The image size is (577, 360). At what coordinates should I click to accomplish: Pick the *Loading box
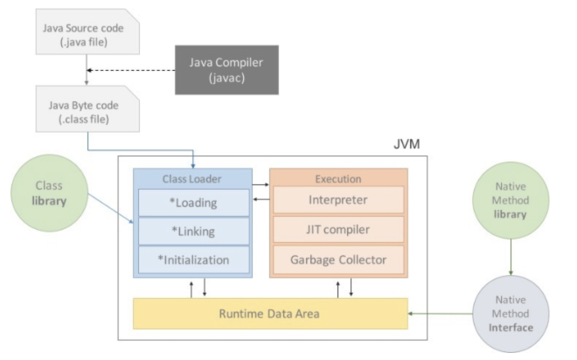194,204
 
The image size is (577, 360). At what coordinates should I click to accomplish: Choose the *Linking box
194,232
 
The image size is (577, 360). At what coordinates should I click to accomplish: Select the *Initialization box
194,260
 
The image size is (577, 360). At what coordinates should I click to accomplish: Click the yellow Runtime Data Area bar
270,313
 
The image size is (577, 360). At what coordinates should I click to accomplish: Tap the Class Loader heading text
192,178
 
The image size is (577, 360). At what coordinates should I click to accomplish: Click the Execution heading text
337,178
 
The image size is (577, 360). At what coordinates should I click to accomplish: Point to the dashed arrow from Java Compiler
131,70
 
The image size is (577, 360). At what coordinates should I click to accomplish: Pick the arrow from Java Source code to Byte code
85,73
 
